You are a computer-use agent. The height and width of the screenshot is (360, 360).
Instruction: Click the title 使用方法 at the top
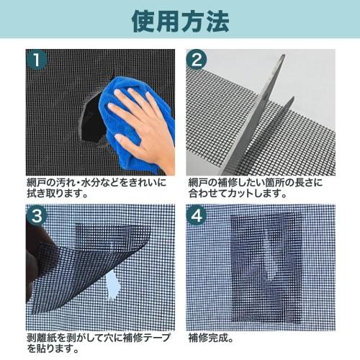coord(180,19)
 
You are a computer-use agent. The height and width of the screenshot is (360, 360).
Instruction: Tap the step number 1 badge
coord(37,58)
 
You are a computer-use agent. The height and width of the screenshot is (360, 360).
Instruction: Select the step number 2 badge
coord(197,58)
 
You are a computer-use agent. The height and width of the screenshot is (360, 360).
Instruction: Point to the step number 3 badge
coord(37,215)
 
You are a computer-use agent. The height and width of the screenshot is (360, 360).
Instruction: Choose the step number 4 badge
coord(197,215)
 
